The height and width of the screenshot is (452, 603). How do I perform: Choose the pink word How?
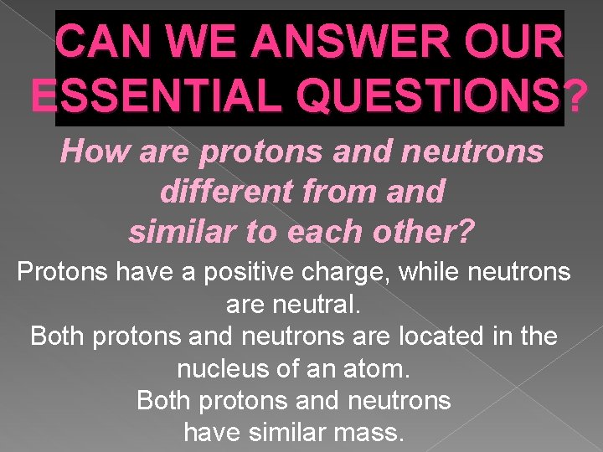[94, 152]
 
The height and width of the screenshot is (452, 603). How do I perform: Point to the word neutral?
[317, 304]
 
